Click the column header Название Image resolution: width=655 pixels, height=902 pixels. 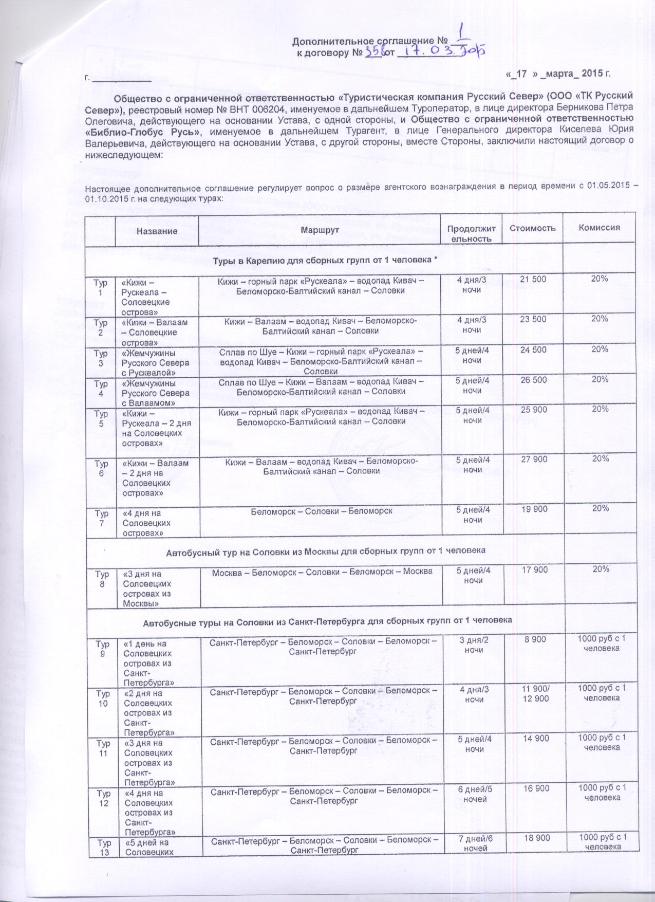pyautogui.click(x=157, y=231)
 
